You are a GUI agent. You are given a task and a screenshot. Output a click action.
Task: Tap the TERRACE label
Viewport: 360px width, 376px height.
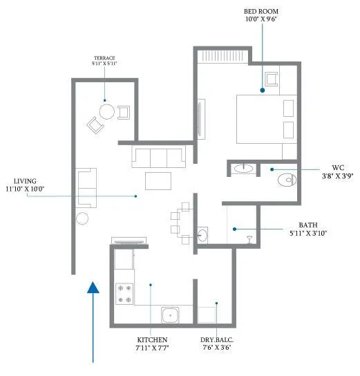(x=104, y=58)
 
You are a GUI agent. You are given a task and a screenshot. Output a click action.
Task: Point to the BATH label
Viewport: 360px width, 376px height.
(x=308, y=225)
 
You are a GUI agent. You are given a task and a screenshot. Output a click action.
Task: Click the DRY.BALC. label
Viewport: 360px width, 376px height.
(x=216, y=341)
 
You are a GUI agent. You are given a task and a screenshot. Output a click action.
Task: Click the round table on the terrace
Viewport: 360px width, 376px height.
(x=106, y=111)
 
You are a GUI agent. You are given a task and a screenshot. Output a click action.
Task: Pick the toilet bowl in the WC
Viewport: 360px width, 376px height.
(x=285, y=181)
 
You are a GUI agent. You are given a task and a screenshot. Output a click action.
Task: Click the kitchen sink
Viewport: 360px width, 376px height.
(x=171, y=316)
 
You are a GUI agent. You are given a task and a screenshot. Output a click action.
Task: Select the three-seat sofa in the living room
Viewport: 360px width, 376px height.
(x=158, y=157)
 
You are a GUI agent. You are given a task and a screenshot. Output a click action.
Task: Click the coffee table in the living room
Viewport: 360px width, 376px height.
(x=159, y=180)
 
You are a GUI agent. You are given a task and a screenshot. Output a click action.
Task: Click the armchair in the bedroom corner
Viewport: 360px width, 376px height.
(x=271, y=79)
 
